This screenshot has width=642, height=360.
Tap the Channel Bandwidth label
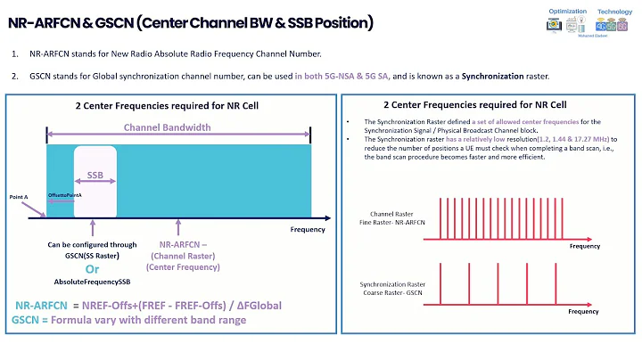pos(167,127)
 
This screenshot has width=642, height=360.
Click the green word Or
pos(91,268)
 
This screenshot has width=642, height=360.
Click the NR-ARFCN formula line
pos(148,305)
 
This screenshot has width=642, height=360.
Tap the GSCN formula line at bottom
pos(128,320)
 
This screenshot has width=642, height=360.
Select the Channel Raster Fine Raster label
pos(397,218)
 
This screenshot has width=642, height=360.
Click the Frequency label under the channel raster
pos(584,245)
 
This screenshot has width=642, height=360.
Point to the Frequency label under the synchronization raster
pos(584,312)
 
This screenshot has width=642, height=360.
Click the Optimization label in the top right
pos(567,12)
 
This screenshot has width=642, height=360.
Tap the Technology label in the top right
pos(614,12)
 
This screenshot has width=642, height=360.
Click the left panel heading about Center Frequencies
pos(168,107)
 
